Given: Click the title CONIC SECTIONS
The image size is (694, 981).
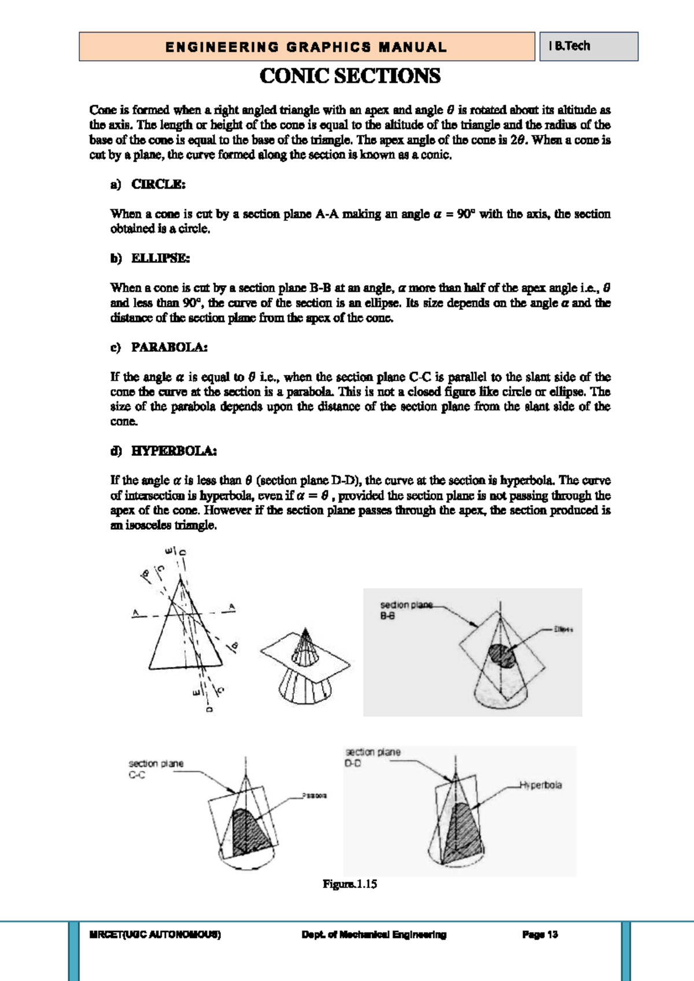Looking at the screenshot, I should (350, 76).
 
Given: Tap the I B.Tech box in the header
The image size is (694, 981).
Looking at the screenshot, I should (570, 46).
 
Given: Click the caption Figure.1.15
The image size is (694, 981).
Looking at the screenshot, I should (349, 884).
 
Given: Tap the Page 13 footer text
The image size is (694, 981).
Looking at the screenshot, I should (540, 934).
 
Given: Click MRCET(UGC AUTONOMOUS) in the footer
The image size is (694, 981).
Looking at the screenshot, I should (155, 934).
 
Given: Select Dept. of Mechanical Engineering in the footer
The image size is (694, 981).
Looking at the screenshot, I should (374, 934).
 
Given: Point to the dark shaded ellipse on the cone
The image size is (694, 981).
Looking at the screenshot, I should (500, 655).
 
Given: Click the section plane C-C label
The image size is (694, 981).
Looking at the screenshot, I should (155, 769).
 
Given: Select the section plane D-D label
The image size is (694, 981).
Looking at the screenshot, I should (372, 757).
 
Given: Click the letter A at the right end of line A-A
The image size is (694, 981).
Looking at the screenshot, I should (232, 607).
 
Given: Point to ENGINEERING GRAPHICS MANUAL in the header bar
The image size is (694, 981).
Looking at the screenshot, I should (306, 47).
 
